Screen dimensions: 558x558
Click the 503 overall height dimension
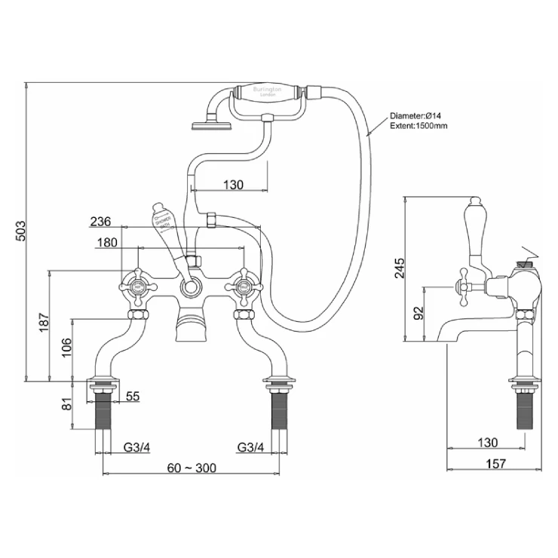(20, 230)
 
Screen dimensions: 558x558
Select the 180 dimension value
(108, 243)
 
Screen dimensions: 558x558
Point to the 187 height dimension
(43, 323)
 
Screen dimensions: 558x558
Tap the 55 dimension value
(132, 396)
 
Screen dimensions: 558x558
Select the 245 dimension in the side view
(399, 269)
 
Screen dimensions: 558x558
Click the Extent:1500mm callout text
(418, 126)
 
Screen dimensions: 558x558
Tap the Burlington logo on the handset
(267, 92)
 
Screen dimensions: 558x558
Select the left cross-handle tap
(136, 287)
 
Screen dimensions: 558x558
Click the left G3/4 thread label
(136, 447)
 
